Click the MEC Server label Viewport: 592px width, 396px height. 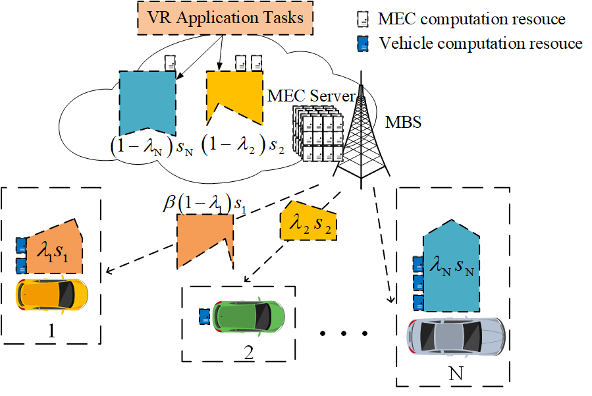[309, 97]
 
